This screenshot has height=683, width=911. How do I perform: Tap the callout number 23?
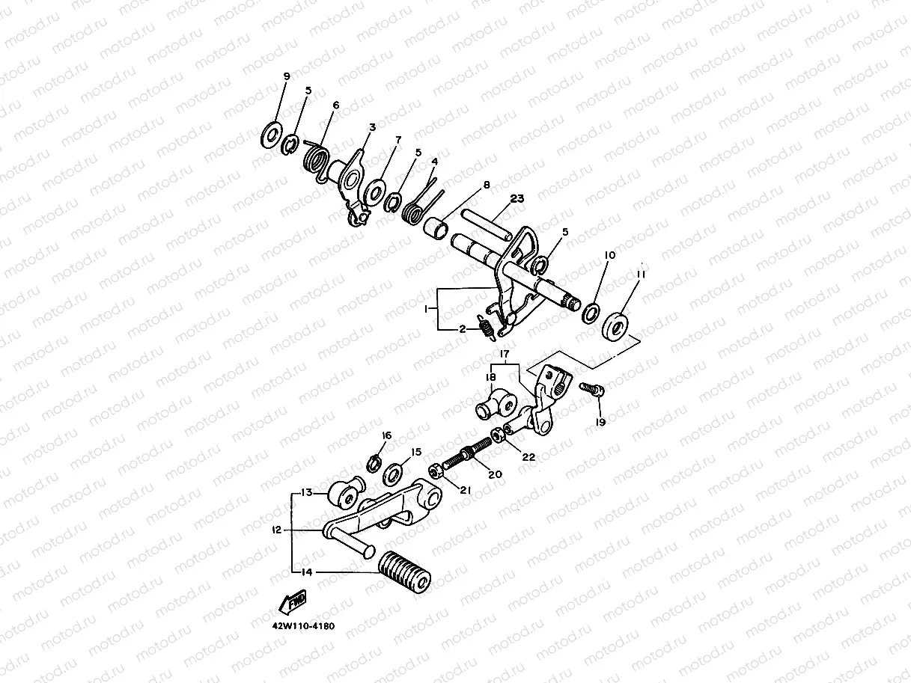517,199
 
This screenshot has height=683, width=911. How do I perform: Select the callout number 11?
641,275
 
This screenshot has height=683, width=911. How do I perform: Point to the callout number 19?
600,422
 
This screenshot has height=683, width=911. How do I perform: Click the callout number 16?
386,435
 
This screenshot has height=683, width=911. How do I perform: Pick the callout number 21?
464,491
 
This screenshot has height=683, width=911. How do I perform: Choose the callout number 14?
305,572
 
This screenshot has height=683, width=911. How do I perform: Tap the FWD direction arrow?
292,601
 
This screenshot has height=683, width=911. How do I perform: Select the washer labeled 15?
392,474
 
